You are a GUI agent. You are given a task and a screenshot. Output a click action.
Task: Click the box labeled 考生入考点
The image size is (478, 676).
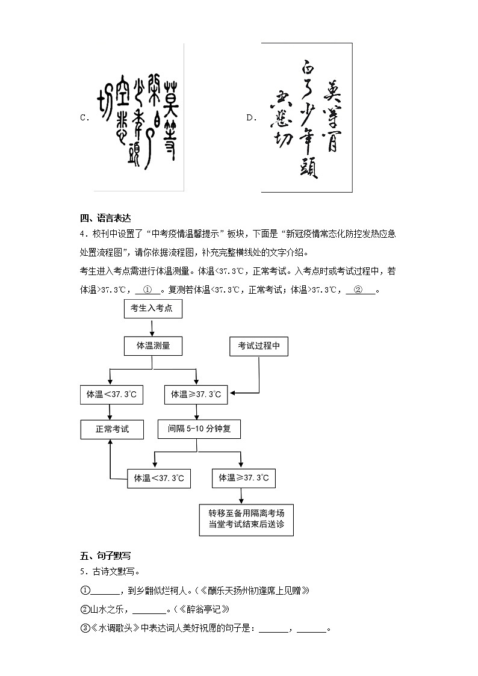point(152,309)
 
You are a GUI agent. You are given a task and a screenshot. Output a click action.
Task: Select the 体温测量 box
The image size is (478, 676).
point(153,346)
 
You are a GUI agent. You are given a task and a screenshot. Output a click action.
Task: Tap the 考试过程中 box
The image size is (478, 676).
point(259,346)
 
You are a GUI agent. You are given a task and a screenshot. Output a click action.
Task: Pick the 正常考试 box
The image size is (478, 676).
point(111,429)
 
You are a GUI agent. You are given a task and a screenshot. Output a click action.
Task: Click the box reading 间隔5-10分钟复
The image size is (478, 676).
point(199,429)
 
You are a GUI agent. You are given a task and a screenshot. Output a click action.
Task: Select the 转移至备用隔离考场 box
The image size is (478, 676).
point(246,519)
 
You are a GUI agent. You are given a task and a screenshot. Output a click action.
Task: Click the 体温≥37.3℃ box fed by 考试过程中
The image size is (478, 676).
point(196,395)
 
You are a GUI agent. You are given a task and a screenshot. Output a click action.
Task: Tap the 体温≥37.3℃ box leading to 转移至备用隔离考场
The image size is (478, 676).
point(244,478)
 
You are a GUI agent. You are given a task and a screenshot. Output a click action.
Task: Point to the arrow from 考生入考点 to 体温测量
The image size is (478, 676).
point(152,327)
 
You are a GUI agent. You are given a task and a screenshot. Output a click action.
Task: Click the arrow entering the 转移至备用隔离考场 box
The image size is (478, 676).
point(241,495)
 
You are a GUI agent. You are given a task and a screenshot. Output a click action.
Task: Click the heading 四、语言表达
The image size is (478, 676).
point(105,218)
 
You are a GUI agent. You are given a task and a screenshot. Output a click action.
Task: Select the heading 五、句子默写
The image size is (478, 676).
point(105,556)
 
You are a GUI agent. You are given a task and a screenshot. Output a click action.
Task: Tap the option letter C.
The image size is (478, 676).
point(84,118)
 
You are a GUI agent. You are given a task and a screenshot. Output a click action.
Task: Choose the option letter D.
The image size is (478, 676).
point(251,118)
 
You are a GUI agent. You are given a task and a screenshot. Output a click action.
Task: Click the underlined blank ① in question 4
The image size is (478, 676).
point(147,290)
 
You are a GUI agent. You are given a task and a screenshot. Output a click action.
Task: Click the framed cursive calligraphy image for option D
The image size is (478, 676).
point(306,117)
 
